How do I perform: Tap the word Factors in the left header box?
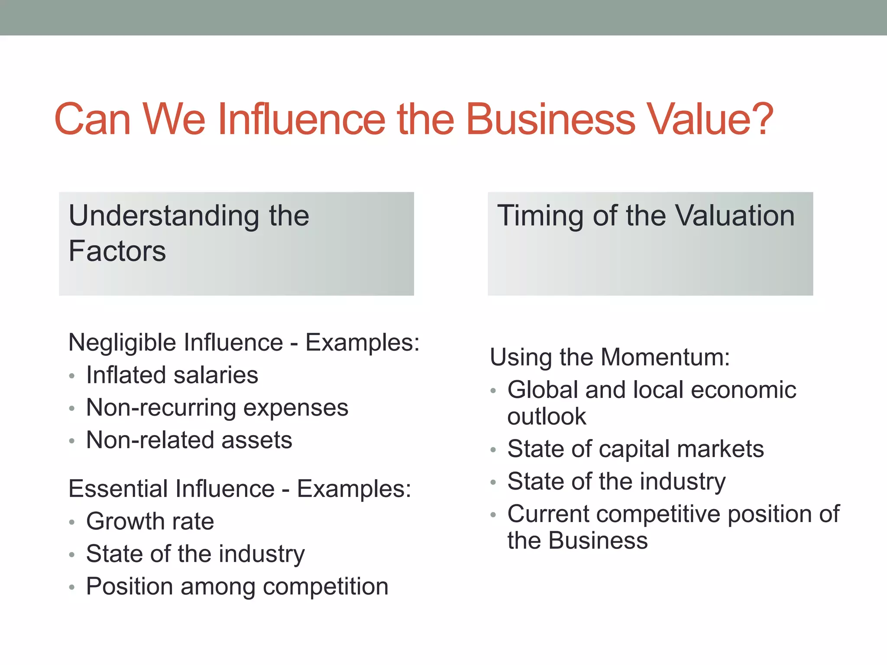[x=117, y=251]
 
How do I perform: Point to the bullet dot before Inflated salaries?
[x=72, y=376]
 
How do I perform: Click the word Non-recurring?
[x=161, y=408]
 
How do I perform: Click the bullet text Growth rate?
[x=150, y=521]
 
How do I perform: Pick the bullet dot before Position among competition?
[x=72, y=588]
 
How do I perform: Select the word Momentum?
[x=665, y=358]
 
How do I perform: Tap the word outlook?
[x=547, y=416]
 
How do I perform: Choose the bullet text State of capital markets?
[x=635, y=449]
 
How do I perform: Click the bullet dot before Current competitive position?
[x=493, y=515]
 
